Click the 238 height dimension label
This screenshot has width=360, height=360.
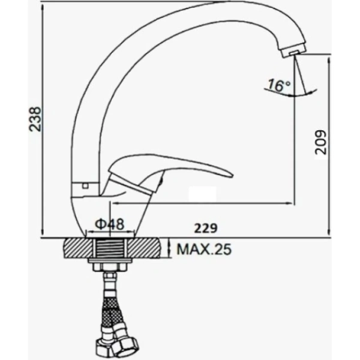tap(35, 119)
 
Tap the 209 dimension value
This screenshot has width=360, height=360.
tap(320, 142)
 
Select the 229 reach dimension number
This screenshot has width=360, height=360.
tap(206, 228)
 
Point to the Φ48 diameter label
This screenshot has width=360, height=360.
tap(110, 224)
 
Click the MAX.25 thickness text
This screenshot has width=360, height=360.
tap(204, 250)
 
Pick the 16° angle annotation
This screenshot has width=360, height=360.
tap(279, 85)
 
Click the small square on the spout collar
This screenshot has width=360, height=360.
tap(85, 185)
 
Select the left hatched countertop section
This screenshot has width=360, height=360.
tap(78, 248)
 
